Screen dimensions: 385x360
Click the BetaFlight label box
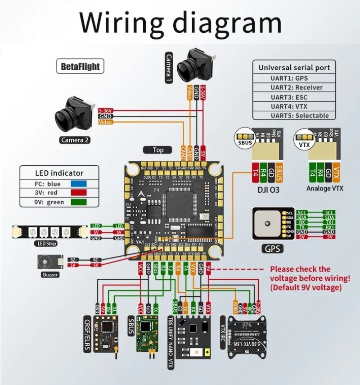click(80, 67)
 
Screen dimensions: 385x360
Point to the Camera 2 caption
click(75, 140)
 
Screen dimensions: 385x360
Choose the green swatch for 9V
click(79, 202)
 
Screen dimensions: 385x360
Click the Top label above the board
click(158, 150)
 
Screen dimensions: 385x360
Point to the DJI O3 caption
click(268, 190)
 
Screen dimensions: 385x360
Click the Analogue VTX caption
click(324, 188)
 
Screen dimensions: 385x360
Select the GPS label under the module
click(272, 248)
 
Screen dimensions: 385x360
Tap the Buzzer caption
click(50, 274)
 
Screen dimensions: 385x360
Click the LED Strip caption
click(45, 244)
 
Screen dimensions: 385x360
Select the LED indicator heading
click(59, 173)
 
